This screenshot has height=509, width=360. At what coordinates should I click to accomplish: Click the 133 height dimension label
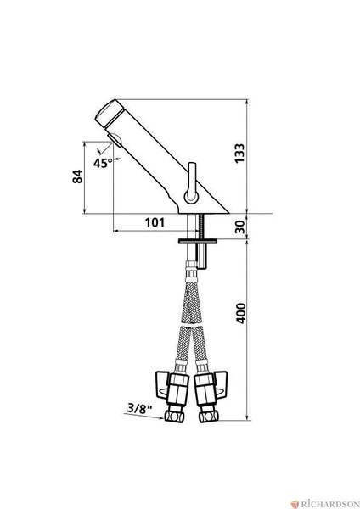pyautogui.click(x=239, y=154)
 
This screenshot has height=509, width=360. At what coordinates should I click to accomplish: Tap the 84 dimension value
pyautogui.click(x=77, y=176)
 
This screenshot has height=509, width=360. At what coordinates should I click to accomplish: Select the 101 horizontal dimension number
pyautogui.click(x=155, y=222)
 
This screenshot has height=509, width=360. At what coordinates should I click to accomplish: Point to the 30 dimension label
pyautogui.click(x=239, y=227)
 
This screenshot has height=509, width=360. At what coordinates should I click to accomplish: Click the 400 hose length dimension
pyautogui.click(x=240, y=313)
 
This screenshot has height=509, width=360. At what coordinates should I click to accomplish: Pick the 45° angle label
pyautogui.click(x=103, y=163)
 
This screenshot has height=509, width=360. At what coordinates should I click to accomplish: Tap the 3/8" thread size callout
pyautogui.click(x=140, y=408)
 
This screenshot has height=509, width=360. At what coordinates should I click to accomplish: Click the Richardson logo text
pyautogui.click(x=329, y=504)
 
